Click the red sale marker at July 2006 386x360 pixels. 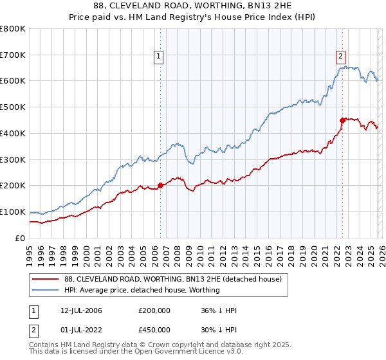coord(160,185)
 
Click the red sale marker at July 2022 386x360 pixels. coord(342,120)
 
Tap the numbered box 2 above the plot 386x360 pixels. coord(341,56)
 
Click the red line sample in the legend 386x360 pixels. coord(45,280)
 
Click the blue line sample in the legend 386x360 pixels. coord(45,291)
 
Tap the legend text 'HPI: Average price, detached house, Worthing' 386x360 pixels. coord(142,291)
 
